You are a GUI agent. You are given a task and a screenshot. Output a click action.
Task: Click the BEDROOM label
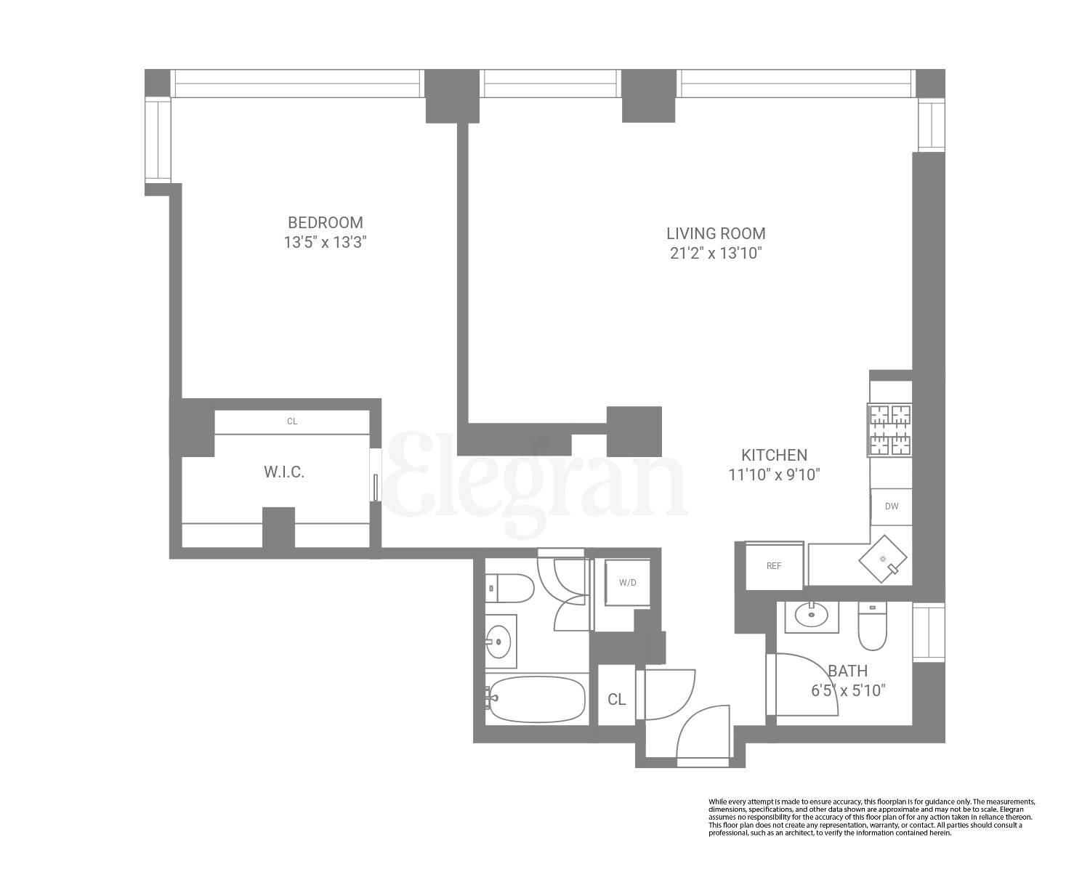325,222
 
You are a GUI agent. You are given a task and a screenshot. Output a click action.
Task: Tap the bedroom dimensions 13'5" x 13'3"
325,243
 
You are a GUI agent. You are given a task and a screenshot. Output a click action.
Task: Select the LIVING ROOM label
716,233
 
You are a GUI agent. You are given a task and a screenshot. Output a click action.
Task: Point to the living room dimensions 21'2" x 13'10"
716,254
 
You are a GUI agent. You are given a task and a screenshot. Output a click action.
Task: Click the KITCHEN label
774,455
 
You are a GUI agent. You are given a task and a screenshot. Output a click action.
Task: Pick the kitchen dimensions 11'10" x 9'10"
774,475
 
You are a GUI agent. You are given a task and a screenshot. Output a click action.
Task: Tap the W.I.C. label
284,472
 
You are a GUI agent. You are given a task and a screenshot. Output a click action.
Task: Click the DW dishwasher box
891,506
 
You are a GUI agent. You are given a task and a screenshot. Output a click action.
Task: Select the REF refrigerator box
774,565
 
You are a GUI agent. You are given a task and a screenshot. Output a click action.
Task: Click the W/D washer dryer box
627,582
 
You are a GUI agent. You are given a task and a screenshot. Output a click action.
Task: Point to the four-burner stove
889,430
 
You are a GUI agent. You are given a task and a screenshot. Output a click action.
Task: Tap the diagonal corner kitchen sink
883,559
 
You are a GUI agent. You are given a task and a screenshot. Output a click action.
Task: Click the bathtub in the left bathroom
536,700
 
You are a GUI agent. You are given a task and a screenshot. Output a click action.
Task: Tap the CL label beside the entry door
616,700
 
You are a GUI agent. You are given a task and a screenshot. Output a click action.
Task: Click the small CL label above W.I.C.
292,421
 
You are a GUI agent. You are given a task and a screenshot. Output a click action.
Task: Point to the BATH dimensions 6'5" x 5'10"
848,690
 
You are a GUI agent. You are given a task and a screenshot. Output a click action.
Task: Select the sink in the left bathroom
499,642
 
